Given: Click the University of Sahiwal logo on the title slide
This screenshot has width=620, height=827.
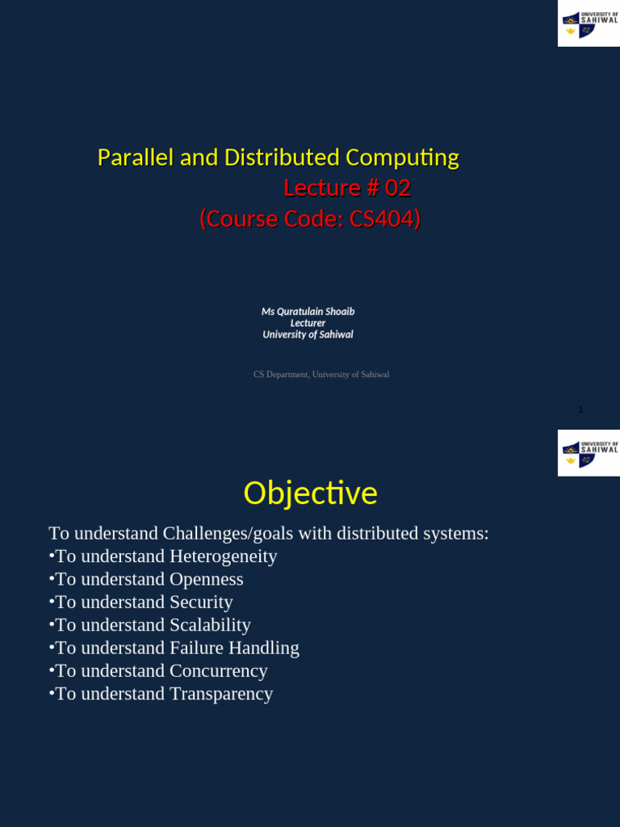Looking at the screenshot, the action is point(589,23).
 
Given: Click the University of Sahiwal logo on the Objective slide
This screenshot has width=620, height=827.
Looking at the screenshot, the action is point(589,453).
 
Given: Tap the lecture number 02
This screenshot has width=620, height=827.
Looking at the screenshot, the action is point(397,188).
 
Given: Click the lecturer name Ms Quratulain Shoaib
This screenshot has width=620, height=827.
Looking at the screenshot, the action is point(308,312).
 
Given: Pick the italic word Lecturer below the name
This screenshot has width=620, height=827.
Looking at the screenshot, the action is point(308,323).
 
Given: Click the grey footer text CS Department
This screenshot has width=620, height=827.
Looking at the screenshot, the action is point(280,375).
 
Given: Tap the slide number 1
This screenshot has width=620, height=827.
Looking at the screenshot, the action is point(580,409).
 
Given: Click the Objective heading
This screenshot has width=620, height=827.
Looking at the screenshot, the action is point(311,494).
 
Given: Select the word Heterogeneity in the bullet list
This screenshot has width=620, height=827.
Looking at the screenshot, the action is point(224,556).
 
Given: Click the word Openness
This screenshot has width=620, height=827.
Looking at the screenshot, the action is point(207,579).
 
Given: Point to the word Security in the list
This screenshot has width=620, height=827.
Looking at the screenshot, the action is point(201,602).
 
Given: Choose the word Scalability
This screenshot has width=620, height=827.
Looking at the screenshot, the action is point(210,625).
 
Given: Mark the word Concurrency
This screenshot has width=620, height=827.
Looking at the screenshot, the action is point(218,671).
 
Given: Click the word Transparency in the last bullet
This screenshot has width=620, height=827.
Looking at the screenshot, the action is point(221,694).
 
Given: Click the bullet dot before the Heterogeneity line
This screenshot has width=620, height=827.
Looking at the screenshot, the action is point(52,556).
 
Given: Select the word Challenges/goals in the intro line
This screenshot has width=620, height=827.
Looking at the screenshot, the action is point(228,534).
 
